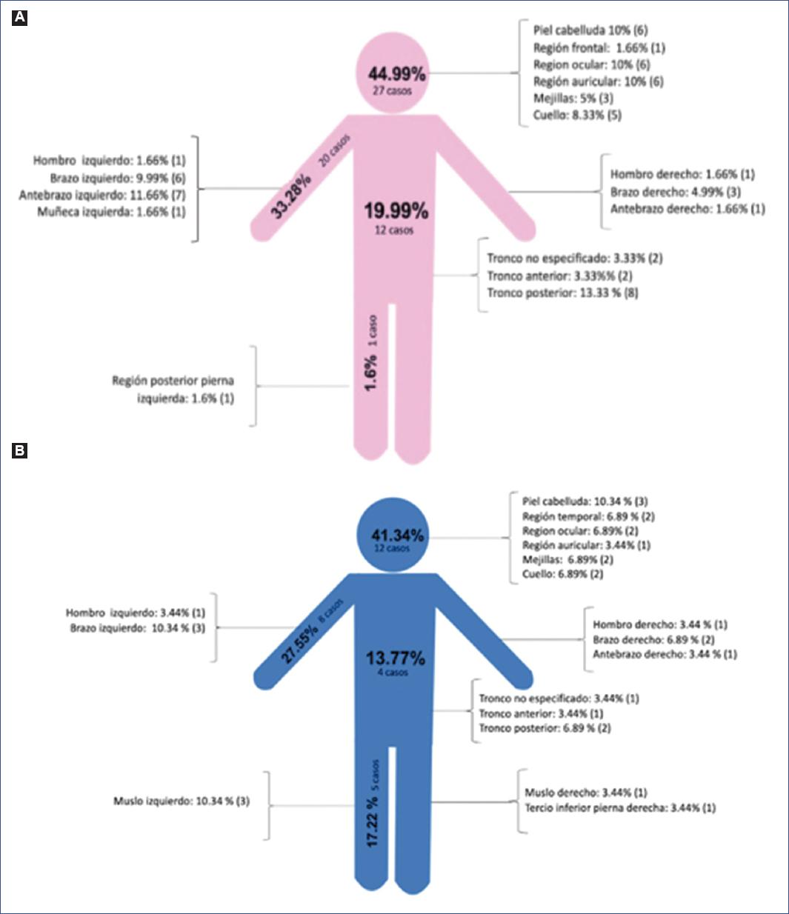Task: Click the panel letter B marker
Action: (x=20, y=450)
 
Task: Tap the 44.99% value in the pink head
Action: (x=397, y=74)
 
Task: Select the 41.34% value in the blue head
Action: (x=398, y=535)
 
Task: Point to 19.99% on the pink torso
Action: (x=396, y=211)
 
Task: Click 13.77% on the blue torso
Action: (x=396, y=658)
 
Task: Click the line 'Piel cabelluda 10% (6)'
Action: (x=590, y=30)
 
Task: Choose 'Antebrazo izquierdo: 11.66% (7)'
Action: (x=102, y=195)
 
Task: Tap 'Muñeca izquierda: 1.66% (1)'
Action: (x=111, y=212)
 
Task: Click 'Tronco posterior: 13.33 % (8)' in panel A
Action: (x=562, y=293)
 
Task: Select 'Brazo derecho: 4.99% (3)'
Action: (x=675, y=192)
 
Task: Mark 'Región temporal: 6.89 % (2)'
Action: (x=588, y=516)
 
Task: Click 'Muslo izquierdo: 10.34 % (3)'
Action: (x=182, y=801)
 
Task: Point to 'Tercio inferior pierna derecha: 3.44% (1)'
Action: (x=620, y=808)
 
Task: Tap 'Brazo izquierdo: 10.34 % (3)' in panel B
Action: (x=137, y=628)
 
